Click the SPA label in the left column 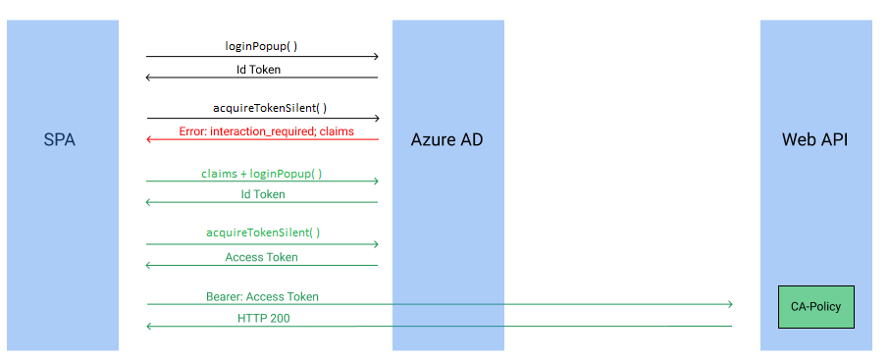coord(60,139)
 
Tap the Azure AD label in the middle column coord(446,139)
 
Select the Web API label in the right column coord(814,139)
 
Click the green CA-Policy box coord(815,307)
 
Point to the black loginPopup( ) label coord(261,46)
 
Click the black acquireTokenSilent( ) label coord(263,108)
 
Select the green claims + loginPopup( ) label coord(262,173)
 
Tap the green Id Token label coord(263,194)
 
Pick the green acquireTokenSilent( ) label coord(263,233)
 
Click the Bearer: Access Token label coord(262,296)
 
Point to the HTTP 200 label coord(263,319)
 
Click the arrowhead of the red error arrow coord(149,139)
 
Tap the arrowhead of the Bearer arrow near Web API coord(729,304)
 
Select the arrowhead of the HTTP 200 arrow coord(149,327)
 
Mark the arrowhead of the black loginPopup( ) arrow coord(375,57)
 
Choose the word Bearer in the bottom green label coord(223,296)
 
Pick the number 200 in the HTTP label coord(279,319)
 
